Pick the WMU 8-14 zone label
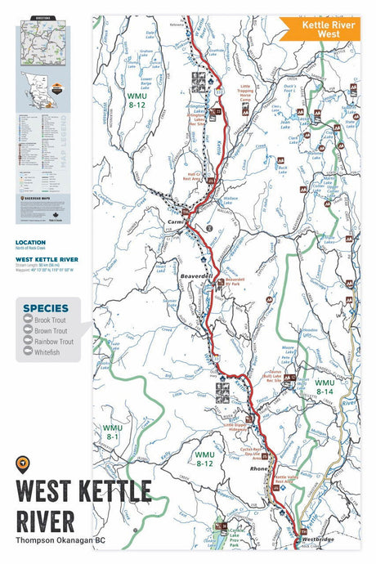325,387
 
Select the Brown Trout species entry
54,331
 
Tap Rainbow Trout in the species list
56,342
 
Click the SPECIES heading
46,308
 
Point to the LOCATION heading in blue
30,243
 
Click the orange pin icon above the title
22,463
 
